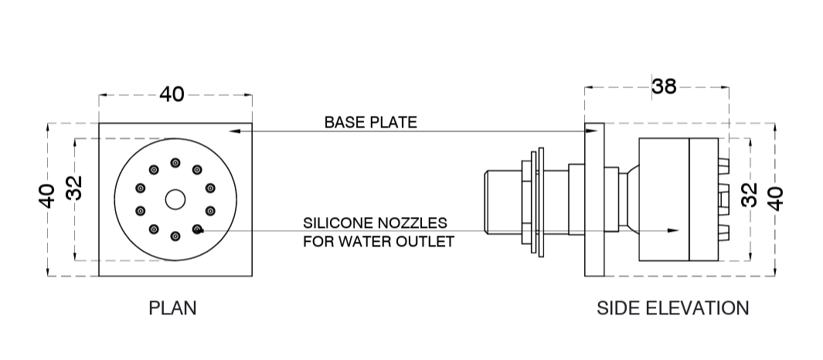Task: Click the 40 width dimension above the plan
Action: [x=172, y=94]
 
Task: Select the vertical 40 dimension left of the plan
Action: [x=47, y=196]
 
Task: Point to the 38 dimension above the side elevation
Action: [x=663, y=86]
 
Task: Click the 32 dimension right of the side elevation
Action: [x=749, y=195]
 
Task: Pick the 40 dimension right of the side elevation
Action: [x=775, y=197]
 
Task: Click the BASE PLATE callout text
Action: [x=370, y=122]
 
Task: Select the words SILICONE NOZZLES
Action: [x=375, y=222]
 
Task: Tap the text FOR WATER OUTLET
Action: [x=378, y=241]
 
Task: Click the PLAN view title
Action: [x=172, y=308]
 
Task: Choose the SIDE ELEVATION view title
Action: [x=672, y=308]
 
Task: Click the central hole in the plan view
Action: [x=175, y=199]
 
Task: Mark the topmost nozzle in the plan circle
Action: [x=175, y=162]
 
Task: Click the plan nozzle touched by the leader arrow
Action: [x=197, y=229]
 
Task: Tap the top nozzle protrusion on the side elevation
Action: [x=723, y=164]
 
